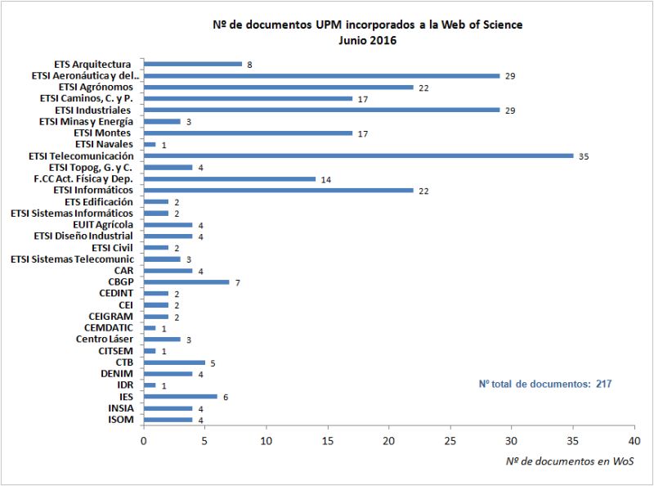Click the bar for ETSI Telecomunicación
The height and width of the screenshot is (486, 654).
pyautogui.click(x=358, y=155)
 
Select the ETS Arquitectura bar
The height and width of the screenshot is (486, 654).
pyautogui.click(x=193, y=64)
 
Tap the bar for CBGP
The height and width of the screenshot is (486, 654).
pyautogui.click(x=186, y=281)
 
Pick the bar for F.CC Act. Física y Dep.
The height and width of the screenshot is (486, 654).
pyautogui.click(x=230, y=178)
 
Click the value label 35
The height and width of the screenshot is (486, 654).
pyautogui.click(x=583, y=155)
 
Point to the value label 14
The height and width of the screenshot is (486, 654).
pyautogui.click(x=325, y=178)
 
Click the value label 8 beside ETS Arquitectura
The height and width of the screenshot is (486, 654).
pyautogui.click(x=249, y=64)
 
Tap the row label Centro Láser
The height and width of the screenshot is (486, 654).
pyautogui.click(x=105, y=339)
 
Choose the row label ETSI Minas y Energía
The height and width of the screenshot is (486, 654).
pyautogui.click(x=87, y=121)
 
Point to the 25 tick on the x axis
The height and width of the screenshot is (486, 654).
pyautogui.click(x=450, y=439)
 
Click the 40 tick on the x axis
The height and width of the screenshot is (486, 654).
pyautogui.click(x=634, y=439)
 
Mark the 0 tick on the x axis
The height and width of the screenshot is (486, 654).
pyautogui.click(x=144, y=439)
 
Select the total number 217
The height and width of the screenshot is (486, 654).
pyautogui.click(x=603, y=382)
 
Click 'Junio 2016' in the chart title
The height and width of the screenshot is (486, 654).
pyautogui.click(x=367, y=40)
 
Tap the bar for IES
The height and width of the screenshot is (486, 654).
pyautogui.click(x=181, y=396)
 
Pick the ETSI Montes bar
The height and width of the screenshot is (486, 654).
pyautogui.click(x=248, y=133)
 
